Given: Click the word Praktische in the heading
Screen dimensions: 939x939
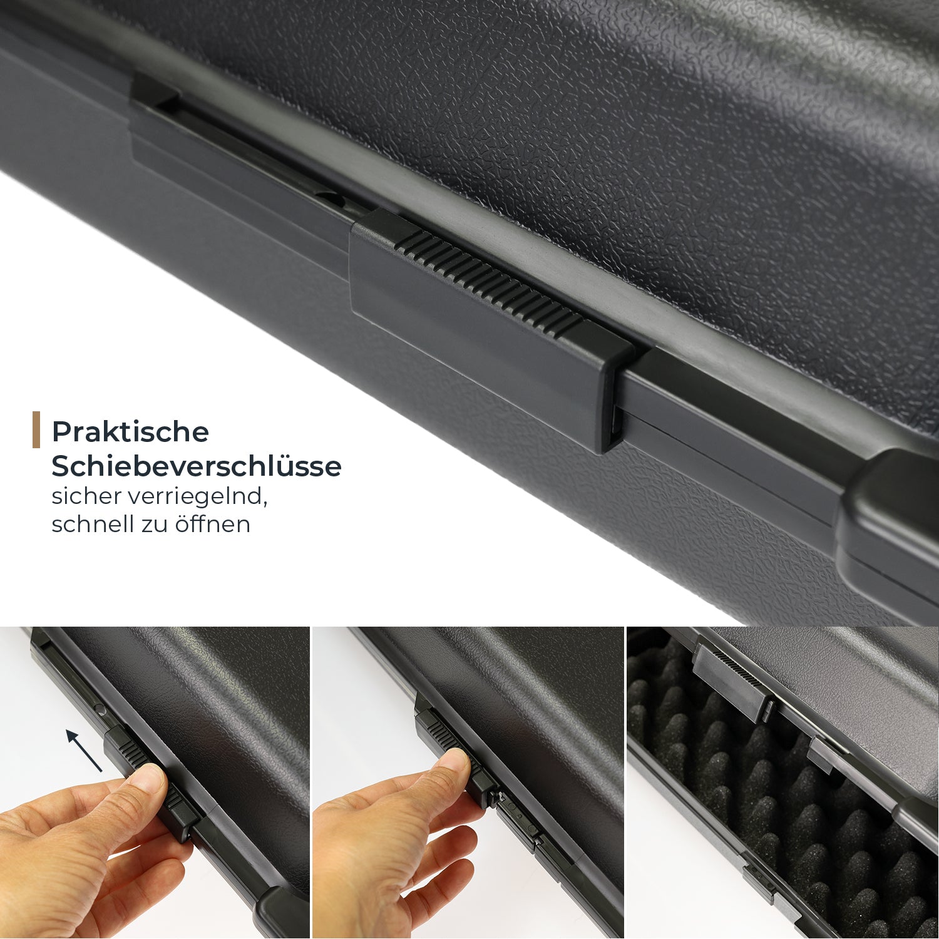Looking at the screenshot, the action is pyautogui.click(x=130, y=431).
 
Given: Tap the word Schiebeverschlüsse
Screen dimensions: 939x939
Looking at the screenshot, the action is pyautogui.click(x=197, y=466).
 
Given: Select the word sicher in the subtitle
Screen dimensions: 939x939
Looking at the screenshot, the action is pyautogui.click(x=86, y=496).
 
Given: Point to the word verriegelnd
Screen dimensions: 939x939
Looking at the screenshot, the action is pyautogui.click(x=198, y=497).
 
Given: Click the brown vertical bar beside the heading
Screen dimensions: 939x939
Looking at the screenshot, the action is pyautogui.click(x=36, y=429).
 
